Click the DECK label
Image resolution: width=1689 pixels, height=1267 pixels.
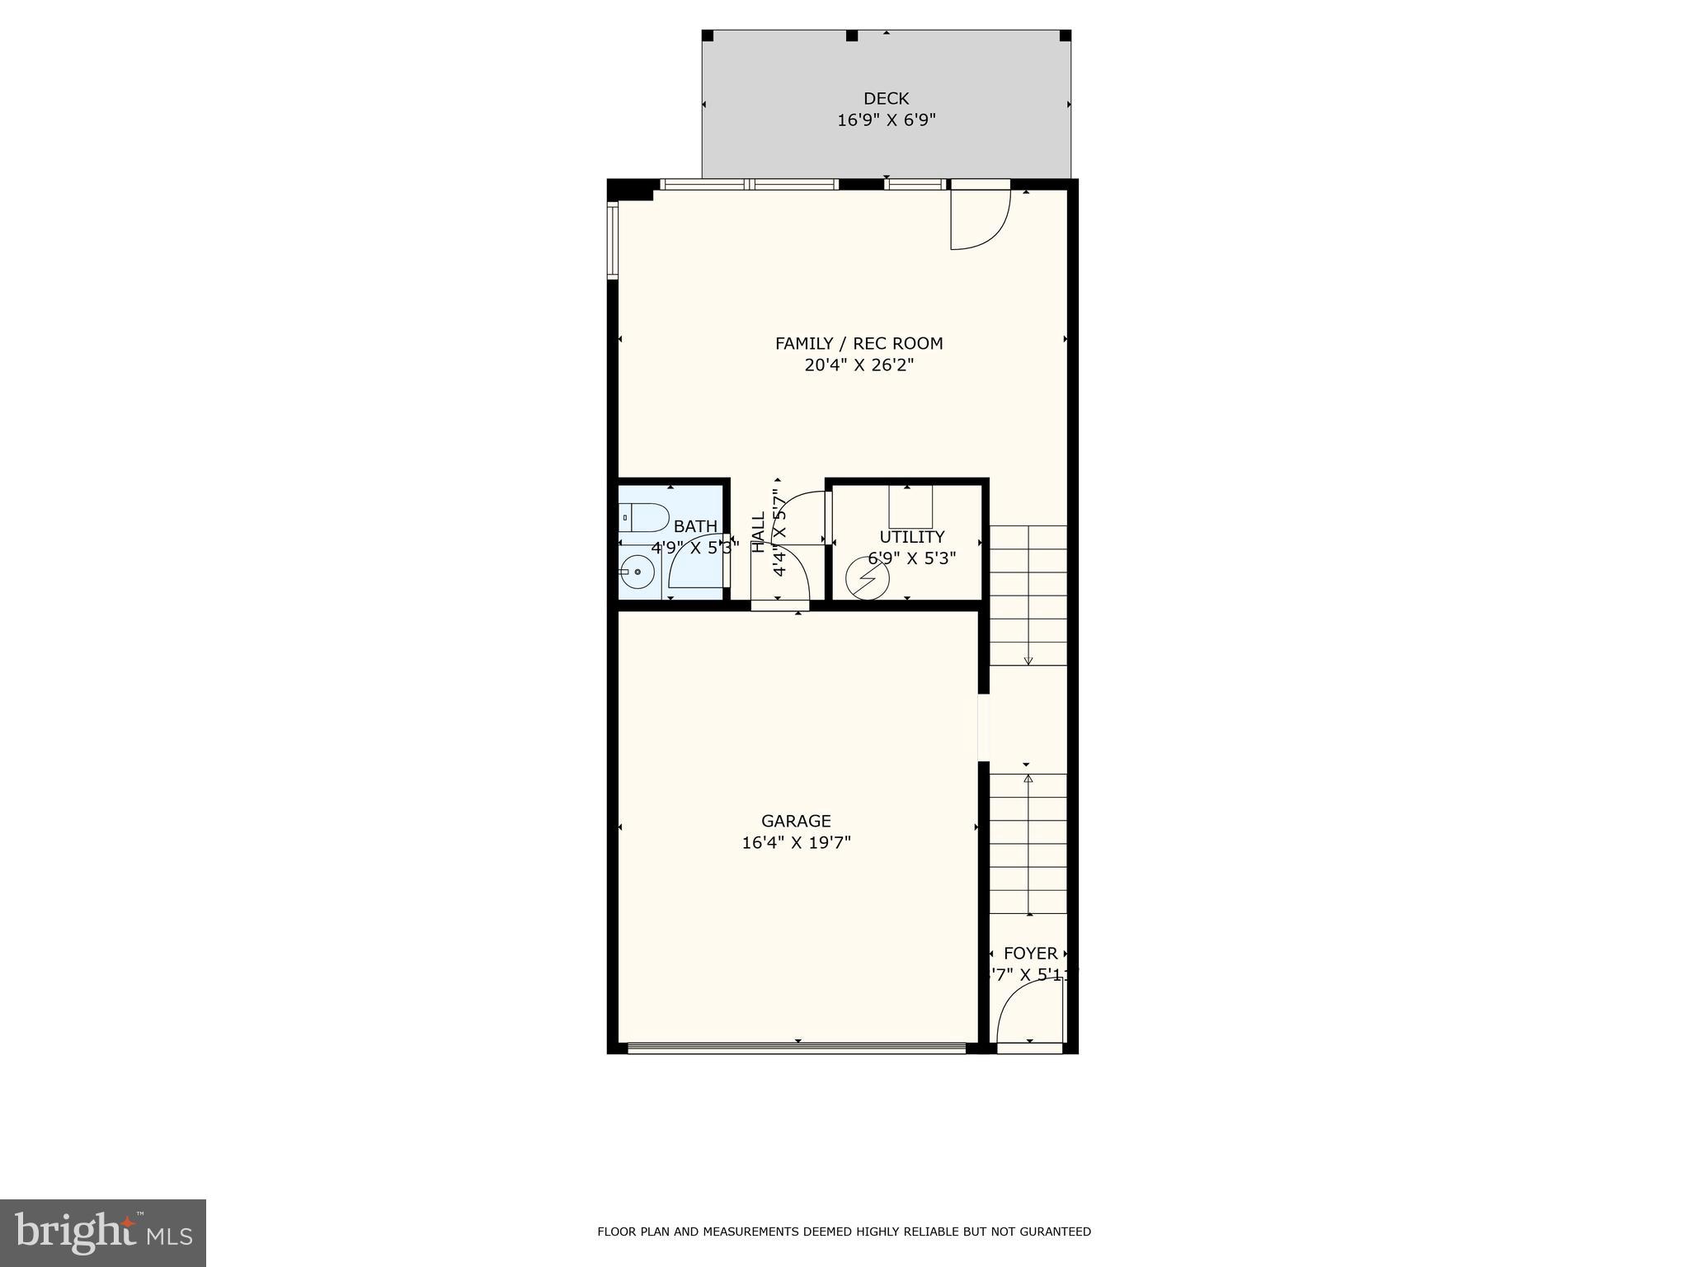[x=886, y=99]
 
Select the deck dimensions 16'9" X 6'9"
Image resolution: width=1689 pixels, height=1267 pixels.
[x=886, y=120]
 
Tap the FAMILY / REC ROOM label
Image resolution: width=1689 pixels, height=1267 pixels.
[x=859, y=343]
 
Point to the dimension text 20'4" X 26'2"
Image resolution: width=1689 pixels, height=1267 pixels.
[x=859, y=365]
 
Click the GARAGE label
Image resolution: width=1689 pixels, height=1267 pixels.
[x=796, y=821]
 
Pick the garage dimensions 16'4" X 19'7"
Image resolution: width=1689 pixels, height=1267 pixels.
[x=796, y=842]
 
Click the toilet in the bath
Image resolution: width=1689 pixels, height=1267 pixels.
[x=644, y=518]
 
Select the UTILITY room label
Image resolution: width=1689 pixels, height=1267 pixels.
[x=911, y=537]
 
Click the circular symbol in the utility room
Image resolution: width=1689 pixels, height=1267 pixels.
[x=867, y=577]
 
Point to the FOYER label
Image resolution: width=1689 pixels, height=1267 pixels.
[x=1030, y=954]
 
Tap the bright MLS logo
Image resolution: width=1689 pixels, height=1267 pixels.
[x=103, y=1232]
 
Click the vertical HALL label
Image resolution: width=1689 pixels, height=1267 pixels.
[x=759, y=533]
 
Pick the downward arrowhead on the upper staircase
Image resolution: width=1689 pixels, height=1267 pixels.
[x=1028, y=660]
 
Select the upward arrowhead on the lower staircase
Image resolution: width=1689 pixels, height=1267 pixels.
[x=1028, y=778]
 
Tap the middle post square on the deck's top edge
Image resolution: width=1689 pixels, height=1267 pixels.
[x=852, y=35]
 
